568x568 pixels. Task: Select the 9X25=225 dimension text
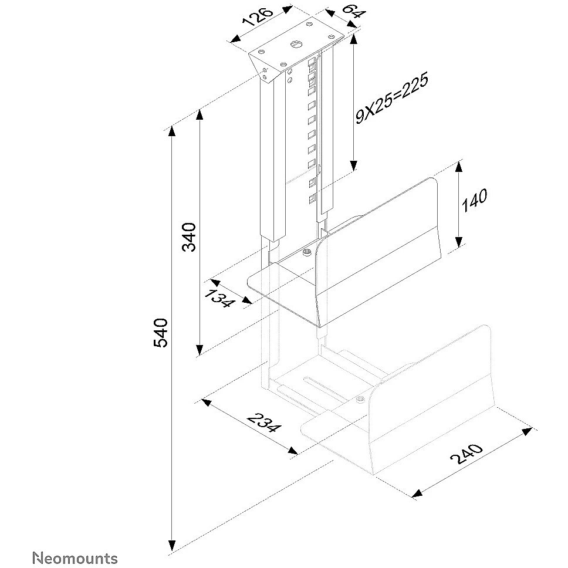point(391,98)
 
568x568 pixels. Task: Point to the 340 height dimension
point(189,237)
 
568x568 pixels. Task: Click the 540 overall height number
point(160,333)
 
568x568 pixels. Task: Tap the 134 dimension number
point(218,297)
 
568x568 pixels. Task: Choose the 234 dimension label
point(263,422)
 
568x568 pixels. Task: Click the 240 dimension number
point(466,454)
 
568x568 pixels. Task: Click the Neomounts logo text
point(75,558)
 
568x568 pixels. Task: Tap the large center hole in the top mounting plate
point(295,44)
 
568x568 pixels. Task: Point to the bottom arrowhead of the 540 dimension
point(172,546)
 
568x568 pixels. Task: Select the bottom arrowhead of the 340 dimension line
point(200,350)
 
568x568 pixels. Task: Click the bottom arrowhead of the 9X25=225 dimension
point(354,165)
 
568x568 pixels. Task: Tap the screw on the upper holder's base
point(307,252)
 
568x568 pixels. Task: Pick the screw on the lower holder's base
point(360,400)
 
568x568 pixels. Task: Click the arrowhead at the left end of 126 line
point(235,39)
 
